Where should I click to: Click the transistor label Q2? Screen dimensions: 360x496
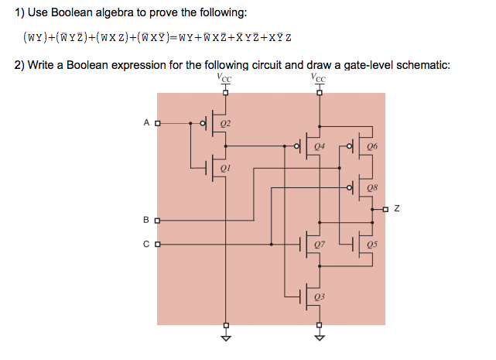[x=225, y=123]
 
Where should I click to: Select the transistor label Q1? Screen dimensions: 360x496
[x=225, y=166]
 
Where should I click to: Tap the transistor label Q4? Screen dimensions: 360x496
[x=320, y=146]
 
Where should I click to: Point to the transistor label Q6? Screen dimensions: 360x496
[x=372, y=146]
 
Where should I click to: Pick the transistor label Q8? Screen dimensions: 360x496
[x=372, y=187]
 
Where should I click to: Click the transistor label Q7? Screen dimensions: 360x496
[x=320, y=245]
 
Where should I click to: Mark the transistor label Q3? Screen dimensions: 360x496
[x=320, y=297]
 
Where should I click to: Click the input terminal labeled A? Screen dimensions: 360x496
[x=157, y=123]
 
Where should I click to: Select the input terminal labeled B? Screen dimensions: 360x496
[x=157, y=221]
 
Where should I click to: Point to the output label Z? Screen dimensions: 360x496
[x=396, y=208]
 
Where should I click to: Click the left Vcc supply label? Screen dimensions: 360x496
[x=225, y=77]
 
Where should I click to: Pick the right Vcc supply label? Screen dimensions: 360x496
[x=318, y=77]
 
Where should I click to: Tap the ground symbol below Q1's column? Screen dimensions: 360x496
[x=225, y=338]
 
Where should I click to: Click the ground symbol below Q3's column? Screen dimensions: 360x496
[x=318, y=338]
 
